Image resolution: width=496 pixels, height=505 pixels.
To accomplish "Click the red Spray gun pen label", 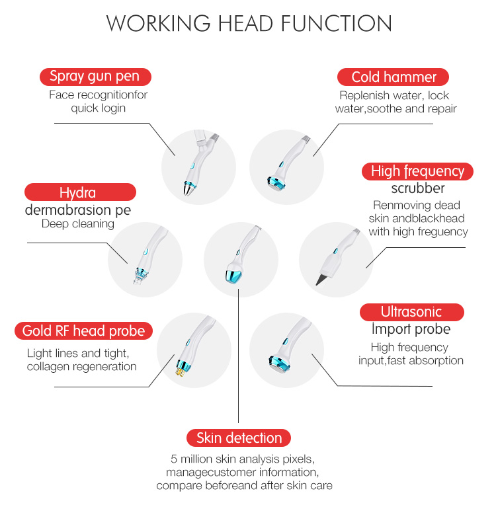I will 95,77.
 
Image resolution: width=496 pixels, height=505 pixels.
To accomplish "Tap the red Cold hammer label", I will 393,77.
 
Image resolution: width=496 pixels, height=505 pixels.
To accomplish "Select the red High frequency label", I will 417,172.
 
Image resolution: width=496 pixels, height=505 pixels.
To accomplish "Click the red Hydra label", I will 79,192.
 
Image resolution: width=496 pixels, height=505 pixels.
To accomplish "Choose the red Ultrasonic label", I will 411,312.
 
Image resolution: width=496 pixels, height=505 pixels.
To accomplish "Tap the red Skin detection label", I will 239,438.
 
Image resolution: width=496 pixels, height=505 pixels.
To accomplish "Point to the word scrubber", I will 417,188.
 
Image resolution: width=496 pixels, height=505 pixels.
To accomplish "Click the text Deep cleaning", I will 78,224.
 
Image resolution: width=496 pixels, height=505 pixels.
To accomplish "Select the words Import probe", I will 410,329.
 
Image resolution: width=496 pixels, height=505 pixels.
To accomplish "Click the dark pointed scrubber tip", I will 321,279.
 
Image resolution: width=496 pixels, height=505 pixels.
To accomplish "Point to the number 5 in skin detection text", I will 174,458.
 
